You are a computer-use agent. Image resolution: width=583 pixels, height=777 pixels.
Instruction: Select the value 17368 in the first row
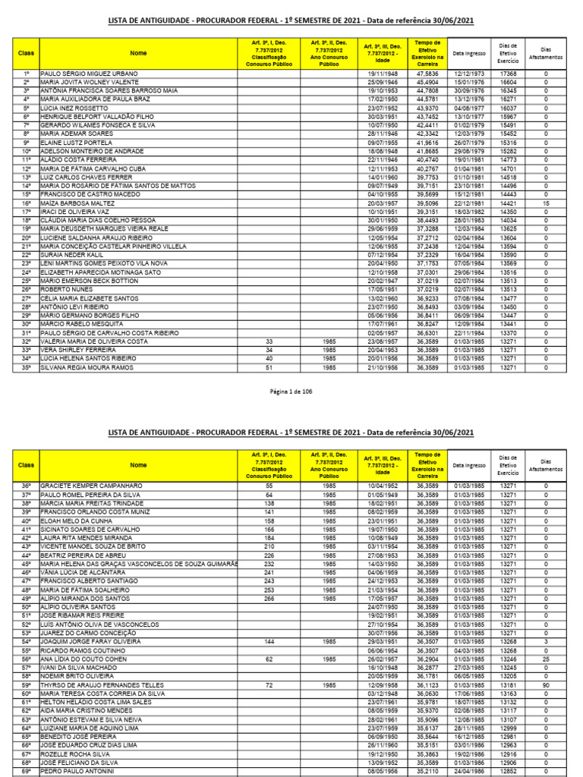click(508, 74)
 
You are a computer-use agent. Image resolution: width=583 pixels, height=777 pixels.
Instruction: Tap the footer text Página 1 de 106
click(291, 392)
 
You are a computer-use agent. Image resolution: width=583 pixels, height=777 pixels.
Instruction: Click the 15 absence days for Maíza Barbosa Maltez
click(546, 203)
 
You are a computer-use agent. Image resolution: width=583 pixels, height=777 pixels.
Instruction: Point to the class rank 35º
click(27, 367)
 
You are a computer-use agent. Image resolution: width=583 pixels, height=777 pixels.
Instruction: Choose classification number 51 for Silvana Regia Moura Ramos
click(268, 367)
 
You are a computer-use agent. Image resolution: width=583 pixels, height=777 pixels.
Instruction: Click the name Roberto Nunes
click(66, 289)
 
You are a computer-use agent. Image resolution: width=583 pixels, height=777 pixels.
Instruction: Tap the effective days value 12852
click(508, 772)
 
